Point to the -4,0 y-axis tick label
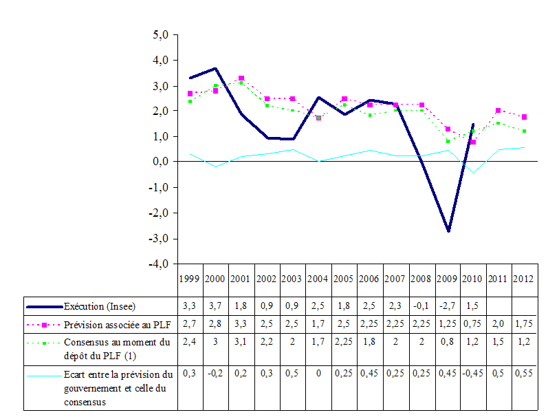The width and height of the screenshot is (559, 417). tap(159, 264)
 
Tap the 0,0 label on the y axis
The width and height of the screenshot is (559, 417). tap(160, 162)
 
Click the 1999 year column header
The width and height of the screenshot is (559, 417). tap(190, 279)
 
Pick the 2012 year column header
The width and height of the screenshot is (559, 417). tap(525, 279)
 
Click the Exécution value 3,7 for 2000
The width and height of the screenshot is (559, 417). tap(216, 305)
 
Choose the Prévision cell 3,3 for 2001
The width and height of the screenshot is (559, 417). tap(241, 323)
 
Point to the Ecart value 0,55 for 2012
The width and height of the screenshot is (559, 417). tap(525, 373)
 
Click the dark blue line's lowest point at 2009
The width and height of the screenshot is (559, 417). tap(448, 231)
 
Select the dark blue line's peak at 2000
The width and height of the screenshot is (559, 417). tap(216, 68)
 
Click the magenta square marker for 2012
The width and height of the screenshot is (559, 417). tap(525, 117)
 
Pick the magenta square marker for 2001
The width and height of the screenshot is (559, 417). tap(241, 78)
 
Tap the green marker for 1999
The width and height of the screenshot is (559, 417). tap(190, 101)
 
